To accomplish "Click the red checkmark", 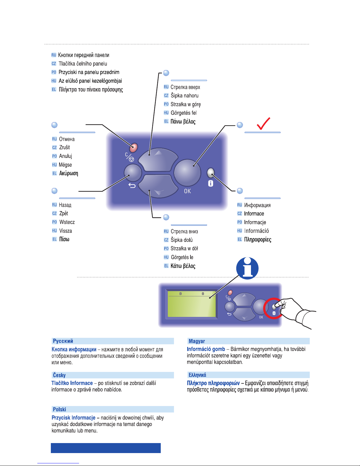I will click(263, 124).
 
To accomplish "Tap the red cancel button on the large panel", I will click(134, 148).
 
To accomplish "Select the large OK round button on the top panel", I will click(187, 173).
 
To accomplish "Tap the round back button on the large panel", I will click(133, 173).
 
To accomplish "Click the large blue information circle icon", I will click(247, 268).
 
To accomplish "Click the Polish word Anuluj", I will click(66, 156).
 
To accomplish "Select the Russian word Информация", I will click(257, 205).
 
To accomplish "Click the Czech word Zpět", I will click(64, 213).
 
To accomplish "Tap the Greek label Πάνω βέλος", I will click(183, 121).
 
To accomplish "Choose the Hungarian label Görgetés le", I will click(182, 257).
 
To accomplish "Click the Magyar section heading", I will click(197, 341).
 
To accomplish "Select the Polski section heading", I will click(59, 409).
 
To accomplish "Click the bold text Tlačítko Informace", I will click(72, 383).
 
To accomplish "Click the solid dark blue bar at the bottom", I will click(106, 448).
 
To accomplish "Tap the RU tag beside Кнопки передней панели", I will click(54, 55).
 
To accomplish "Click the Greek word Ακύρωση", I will click(69, 173).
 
